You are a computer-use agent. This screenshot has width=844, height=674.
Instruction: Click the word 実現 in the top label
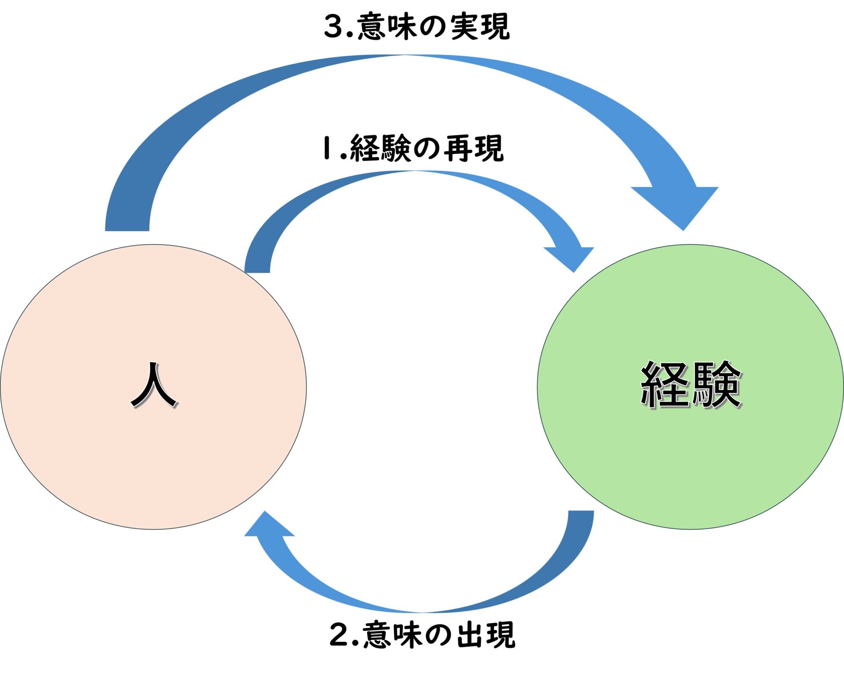(x=480, y=26)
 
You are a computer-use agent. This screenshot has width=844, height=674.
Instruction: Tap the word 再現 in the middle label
(x=473, y=148)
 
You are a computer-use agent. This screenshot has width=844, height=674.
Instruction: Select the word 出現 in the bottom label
(x=486, y=634)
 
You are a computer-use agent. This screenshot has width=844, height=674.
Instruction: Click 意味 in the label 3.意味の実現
(x=387, y=26)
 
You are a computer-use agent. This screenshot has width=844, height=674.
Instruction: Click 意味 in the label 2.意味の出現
(x=393, y=634)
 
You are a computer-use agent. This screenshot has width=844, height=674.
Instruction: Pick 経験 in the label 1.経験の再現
(x=381, y=148)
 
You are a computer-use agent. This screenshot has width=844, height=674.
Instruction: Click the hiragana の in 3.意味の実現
(x=433, y=26)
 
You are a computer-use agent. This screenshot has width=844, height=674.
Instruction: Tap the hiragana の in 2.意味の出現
(x=439, y=634)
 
